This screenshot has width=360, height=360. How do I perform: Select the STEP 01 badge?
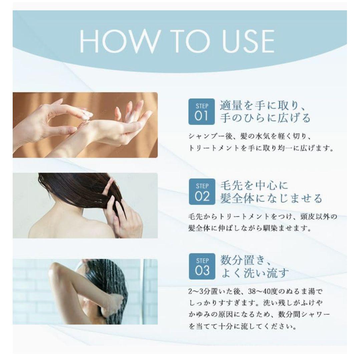(202, 112)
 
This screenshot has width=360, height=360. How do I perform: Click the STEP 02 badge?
(202, 191)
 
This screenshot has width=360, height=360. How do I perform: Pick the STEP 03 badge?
(202, 266)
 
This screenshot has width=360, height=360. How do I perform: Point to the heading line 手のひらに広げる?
(265, 118)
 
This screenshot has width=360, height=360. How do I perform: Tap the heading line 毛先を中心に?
(254, 185)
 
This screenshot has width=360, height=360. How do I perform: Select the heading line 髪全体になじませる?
(271, 198)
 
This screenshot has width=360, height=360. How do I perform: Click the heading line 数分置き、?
(246, 260)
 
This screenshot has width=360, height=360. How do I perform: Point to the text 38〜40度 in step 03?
(263, 292)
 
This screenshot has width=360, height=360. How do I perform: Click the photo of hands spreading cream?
(85, 125)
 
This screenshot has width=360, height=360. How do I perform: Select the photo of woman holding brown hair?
(85, 205)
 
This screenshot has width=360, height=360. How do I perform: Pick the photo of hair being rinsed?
(85, 292)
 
